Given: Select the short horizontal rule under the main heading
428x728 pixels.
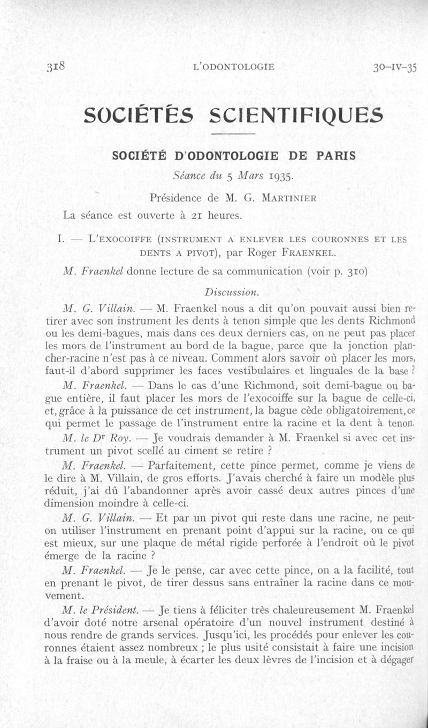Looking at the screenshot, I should [x=234, y=133].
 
